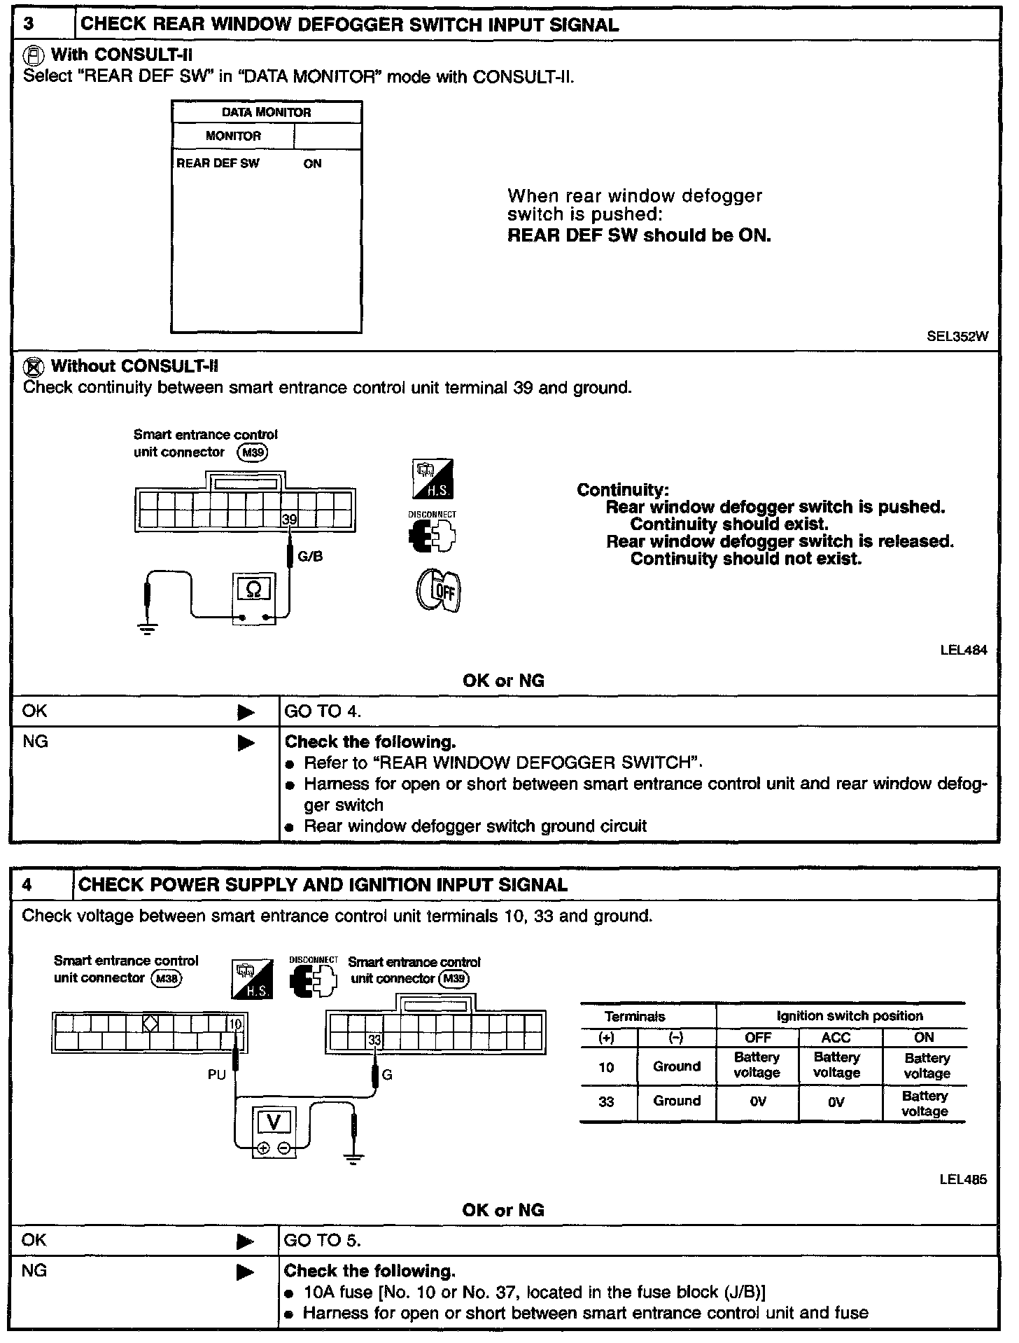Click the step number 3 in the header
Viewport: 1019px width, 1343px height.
pyautogui.click(x=29, y=25)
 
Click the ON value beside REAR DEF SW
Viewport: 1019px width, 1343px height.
pyautogui.click(x=312, y=163)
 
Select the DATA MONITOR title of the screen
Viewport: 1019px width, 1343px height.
pyautogui.click(x=266, y=112)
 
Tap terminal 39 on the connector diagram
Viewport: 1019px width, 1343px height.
pyautogui.click(x=289, y=519)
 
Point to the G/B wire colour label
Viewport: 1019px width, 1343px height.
pyautogui.click(x=310, y=557)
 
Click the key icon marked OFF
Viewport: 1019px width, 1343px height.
pyautogui.click(x=440, y=590)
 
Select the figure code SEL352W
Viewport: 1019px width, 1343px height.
pyautogui.click(x=957, y=336)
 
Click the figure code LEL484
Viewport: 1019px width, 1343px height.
pyautogui.click(x=964, y=650)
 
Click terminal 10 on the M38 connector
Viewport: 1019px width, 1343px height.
pyautogui.click(x=235, y=1024)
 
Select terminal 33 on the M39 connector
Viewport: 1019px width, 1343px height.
pyautogui.click(x=374, y=1041)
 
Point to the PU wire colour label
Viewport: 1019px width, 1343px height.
pyautogui.click(x=217, y=1074)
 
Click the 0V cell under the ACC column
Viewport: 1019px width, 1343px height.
pyautogui.click(x=836, y=1102)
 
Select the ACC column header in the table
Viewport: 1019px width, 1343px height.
pyautogui.click(x=836, y=1037)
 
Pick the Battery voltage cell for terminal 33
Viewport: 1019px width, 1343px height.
pyautogui.click(x=925, y=1104)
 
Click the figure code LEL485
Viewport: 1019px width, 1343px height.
pyautogui.click(x=964, y=1180)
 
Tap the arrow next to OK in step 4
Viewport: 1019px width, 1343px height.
pyautogui.click(x=246, y=1242)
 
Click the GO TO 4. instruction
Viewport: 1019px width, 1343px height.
pyautogui.click(x=323, y=711)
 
